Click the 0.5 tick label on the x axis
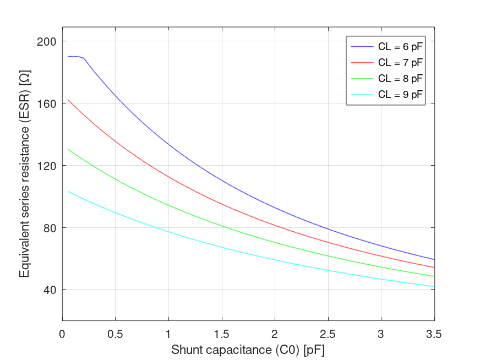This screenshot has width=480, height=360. [115, 334]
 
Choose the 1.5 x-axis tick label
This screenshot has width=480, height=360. [221, 334]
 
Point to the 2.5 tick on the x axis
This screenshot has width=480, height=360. [328, 334]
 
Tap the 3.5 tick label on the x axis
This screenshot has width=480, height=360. [434, 334]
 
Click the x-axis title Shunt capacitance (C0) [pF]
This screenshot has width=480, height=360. [248, 350]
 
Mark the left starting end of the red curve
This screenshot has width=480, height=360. [68, 100]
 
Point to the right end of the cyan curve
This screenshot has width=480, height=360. [434, 287]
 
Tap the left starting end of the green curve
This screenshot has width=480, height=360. [68, 149]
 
